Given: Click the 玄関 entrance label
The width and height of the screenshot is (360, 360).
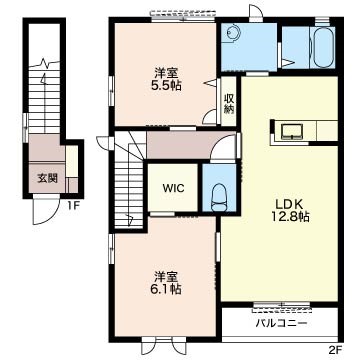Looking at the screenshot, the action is point(47,178).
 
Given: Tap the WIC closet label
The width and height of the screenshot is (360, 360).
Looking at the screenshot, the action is point(173,188).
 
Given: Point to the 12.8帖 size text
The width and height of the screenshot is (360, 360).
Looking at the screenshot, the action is point(289,217).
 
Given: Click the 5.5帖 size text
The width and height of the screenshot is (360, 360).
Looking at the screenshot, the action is point(165,86).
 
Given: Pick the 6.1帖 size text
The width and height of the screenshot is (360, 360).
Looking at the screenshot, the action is point(165,289).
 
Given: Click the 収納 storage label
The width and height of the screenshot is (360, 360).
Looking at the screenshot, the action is point(229,104).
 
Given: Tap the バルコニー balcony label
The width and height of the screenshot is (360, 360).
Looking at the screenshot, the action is point(282,323).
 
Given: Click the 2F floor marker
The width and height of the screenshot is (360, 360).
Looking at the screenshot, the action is point(336,350).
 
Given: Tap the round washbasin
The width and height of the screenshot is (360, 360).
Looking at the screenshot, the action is point(231,33).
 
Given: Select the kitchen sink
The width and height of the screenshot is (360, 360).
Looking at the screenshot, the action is point(292,131).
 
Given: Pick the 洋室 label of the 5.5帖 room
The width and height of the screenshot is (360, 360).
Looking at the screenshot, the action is point(165,73).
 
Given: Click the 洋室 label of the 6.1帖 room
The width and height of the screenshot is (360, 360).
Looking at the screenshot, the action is point(165,276).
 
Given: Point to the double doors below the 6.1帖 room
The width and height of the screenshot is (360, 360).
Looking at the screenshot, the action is point(163,346).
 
